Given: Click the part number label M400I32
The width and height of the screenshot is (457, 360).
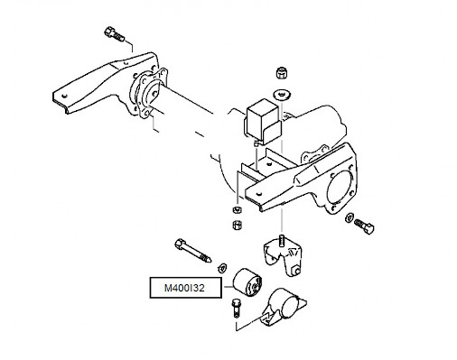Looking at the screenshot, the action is pos(184,288).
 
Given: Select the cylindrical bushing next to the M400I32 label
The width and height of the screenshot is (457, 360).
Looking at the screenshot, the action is pos(247,282).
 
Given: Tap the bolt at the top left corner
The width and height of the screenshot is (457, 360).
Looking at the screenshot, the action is pos(114,34).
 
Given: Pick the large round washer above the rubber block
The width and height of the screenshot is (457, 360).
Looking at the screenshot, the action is pos(282,95).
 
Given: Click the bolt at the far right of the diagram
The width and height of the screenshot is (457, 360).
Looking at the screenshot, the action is pos(364,225).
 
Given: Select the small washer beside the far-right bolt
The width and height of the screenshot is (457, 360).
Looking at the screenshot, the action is pos(350,217).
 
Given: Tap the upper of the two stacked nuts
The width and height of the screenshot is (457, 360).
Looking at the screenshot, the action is pos(238,209).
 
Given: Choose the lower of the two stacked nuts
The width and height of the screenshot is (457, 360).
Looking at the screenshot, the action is pos(238,225).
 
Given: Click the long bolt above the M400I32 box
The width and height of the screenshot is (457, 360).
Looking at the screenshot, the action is pos(192,251).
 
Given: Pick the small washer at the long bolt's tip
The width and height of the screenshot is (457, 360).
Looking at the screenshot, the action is pos(222,267).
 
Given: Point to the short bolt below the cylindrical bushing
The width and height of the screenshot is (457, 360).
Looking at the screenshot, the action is pos(235,308).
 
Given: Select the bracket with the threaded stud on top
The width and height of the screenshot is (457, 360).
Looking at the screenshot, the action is pos(283,254).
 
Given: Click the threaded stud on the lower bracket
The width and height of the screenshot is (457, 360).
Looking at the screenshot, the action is pos(282,240).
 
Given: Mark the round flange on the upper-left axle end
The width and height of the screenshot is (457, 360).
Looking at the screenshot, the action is pos(149,92).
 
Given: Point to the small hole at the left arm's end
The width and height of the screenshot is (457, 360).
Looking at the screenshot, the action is pos(63,97).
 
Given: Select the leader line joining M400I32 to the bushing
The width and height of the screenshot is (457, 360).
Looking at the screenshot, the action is pos(228,287).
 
